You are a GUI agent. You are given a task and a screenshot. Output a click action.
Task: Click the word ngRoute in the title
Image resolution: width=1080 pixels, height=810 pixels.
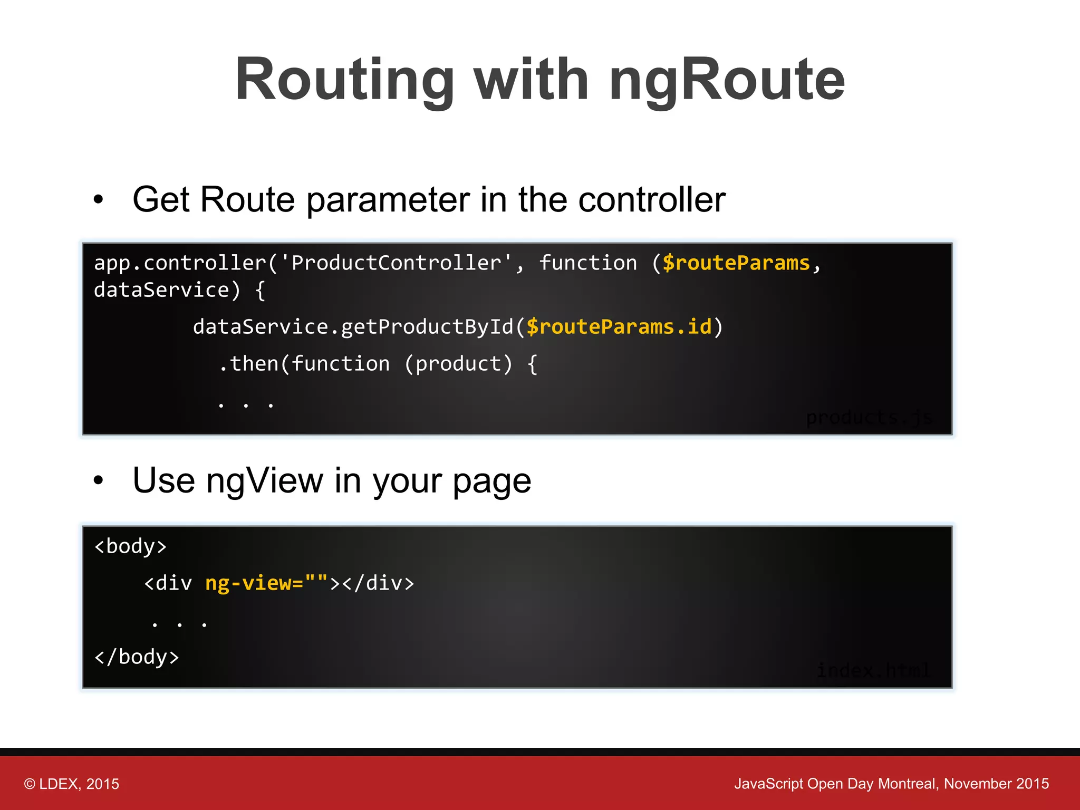coord(727,80)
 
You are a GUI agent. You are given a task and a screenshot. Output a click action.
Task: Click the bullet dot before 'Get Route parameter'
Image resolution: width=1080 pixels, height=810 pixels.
coord(98,200)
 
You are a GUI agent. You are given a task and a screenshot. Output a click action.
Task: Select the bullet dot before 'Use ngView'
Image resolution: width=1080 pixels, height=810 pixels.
coord(98,480)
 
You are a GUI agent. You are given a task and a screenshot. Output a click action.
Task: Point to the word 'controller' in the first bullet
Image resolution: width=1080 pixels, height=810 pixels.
coord(652,200)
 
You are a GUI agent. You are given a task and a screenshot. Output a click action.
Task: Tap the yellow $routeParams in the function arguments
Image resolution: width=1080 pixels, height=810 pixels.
coord(736,263)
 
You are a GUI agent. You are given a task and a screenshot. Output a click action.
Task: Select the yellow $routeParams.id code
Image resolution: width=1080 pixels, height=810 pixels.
coord(619,327)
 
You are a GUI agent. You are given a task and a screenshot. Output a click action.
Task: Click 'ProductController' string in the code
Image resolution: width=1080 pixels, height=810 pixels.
coord(396,263)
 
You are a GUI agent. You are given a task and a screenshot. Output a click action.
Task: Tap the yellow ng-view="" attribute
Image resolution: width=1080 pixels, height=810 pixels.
coord(266,583)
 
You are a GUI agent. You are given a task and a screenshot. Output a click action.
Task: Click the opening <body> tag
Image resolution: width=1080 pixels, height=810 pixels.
coord(130,546)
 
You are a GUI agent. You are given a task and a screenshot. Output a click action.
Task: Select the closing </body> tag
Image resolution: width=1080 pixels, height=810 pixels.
coord(137,657)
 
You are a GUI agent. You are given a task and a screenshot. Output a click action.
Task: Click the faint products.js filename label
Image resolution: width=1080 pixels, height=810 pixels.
coord(869,418)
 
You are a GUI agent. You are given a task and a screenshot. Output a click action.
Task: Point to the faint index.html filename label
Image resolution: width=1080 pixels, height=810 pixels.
coord(873,670)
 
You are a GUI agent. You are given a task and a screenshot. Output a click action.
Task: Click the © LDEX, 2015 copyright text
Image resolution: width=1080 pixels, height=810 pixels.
coord(72,784)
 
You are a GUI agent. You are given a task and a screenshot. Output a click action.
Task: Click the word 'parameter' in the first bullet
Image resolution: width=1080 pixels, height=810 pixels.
coord(388,200)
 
